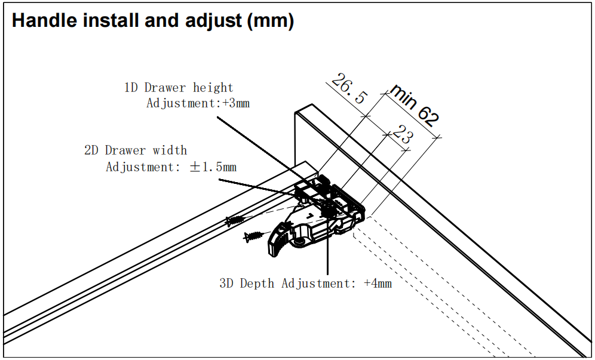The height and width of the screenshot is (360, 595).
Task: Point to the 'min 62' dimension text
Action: click(413, 106)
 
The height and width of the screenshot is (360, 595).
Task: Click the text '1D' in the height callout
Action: click(131, 88)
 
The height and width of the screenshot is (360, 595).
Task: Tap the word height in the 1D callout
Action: click(213, 88)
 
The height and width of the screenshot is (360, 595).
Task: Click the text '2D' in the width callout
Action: click(91, 150)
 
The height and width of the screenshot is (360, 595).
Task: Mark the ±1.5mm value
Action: click(213, 167)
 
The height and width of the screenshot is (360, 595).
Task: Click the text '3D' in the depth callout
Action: click(226, 283)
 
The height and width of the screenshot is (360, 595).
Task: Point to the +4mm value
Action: click(378, 283)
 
